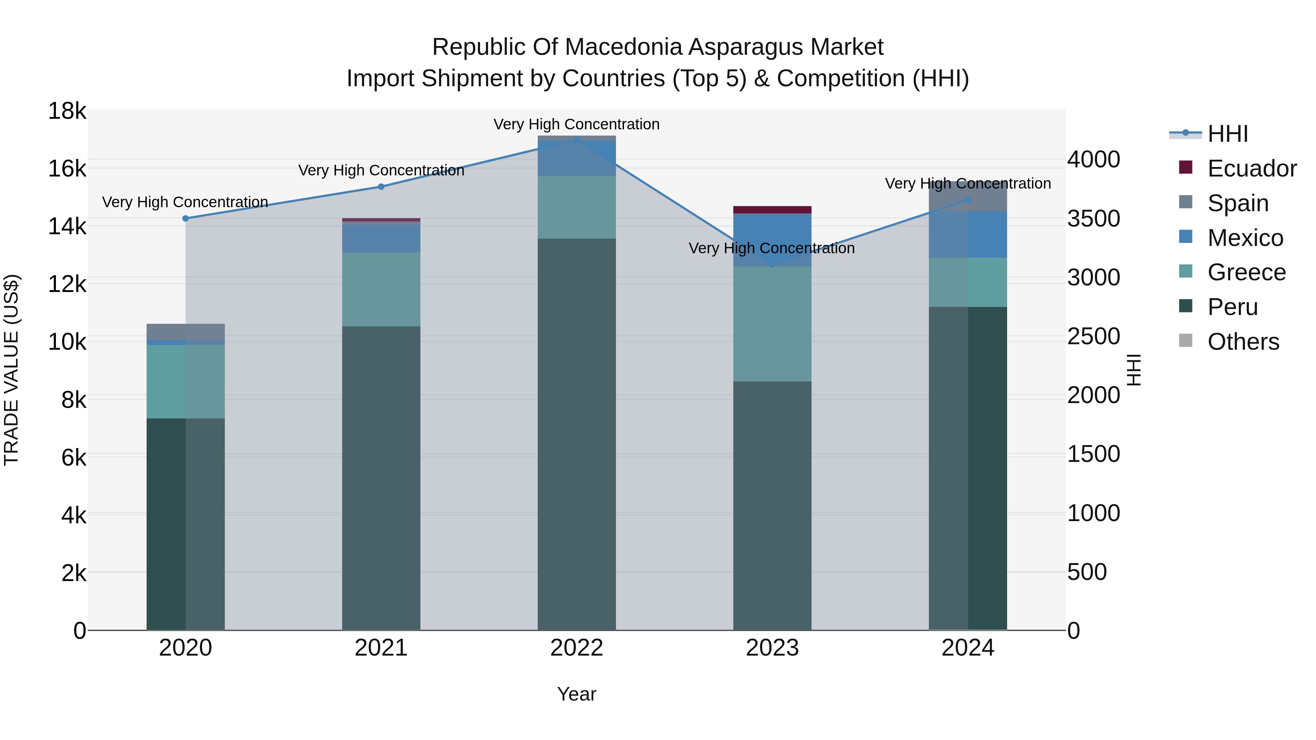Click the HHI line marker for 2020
coord(185,219)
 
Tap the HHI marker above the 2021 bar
coord(381,187)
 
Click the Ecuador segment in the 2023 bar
coord(772,210)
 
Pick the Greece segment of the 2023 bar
coord(772,324)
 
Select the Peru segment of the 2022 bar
coord(577,434)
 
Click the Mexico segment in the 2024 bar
coord(968,234)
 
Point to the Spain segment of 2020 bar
coord(185,332)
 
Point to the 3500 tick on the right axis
coord(1093,219)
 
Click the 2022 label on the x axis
coord(577,648)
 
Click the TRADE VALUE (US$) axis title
coord(11,370)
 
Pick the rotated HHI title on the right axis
coord(1134,370)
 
